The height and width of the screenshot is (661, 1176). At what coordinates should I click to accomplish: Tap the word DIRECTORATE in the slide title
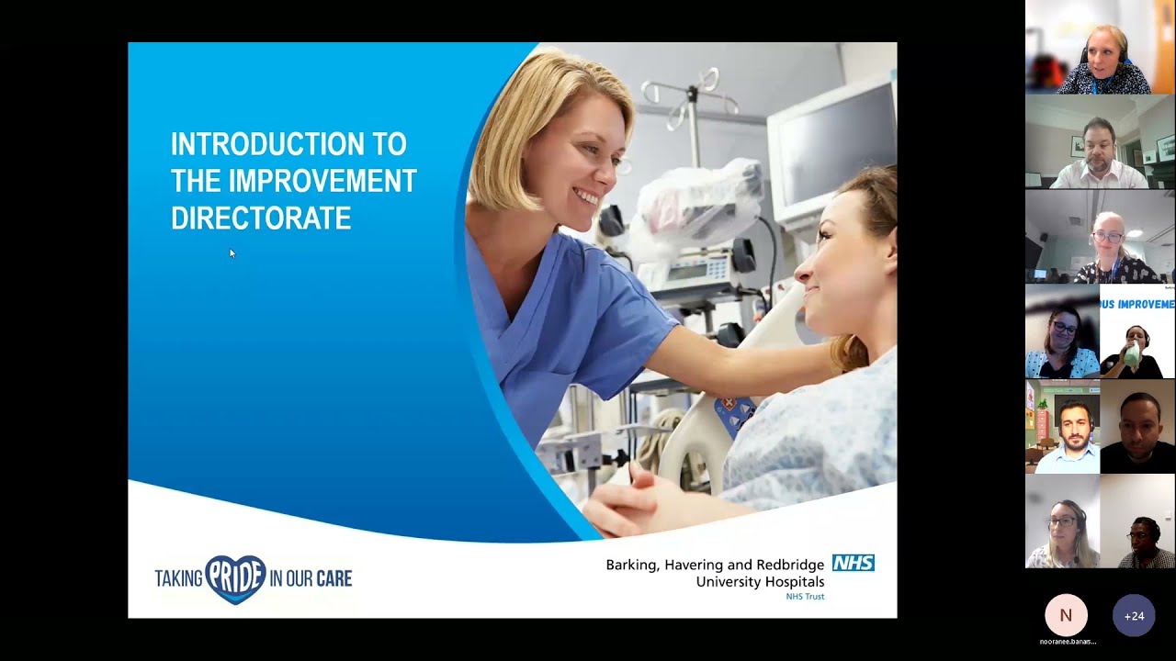point(261,218)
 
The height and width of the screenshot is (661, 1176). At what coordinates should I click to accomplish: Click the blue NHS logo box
point(853,563)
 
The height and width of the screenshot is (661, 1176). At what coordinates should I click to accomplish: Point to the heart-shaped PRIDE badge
point(235,578)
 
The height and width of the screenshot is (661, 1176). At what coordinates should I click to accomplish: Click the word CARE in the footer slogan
point(334,578)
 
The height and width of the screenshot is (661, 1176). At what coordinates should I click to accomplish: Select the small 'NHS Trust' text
point(805,597)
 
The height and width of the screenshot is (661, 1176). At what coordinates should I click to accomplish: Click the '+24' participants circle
point(1134,616)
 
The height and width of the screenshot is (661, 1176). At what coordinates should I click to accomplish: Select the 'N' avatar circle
point(1066,615)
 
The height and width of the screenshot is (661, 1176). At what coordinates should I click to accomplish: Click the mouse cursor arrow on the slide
point(232,252)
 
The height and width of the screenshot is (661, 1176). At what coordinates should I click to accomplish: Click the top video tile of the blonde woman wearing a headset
point(1100,48)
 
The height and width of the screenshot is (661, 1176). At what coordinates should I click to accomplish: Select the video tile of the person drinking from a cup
point(1137,331)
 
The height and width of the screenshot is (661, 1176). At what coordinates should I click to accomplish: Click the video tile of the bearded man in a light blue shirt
point(1062,426)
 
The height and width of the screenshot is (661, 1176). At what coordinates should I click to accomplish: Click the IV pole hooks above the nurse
point(680,92)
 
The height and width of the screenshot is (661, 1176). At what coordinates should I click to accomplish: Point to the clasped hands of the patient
point(634,500)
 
